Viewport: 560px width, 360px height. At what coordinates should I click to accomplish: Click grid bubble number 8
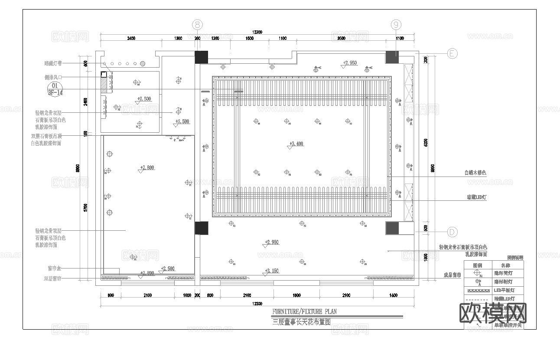tap(198, 25)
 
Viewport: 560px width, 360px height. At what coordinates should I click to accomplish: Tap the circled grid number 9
tap(396, 25)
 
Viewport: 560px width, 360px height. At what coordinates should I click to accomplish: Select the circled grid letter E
tap(452, 53)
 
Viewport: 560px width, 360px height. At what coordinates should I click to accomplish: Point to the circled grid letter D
tap(452, 232)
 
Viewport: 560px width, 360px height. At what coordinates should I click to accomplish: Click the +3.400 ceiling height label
tap(296, 144)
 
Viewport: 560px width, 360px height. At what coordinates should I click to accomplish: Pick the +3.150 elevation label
tap(272, 271)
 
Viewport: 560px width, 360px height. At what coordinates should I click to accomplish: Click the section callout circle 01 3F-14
tap(55, 89)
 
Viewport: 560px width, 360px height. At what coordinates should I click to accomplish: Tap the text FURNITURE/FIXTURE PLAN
tap(304, 311)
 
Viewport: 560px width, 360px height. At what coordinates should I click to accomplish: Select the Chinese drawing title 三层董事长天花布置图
tap(302, 322)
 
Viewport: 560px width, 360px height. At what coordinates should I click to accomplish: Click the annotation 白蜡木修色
tap(475, 173)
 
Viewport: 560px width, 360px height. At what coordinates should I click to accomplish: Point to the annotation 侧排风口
tap(53, 77)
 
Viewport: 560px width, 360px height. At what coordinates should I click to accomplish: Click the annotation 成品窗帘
tap(452, 275)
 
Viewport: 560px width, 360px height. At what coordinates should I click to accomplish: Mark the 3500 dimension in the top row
tap(341, 39)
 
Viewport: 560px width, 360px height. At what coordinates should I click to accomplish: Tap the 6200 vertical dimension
tap(426, 142)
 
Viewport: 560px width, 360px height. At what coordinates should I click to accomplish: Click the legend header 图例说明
tap(515, 258)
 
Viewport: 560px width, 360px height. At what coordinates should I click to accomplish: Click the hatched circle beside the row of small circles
tap(142, 64)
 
